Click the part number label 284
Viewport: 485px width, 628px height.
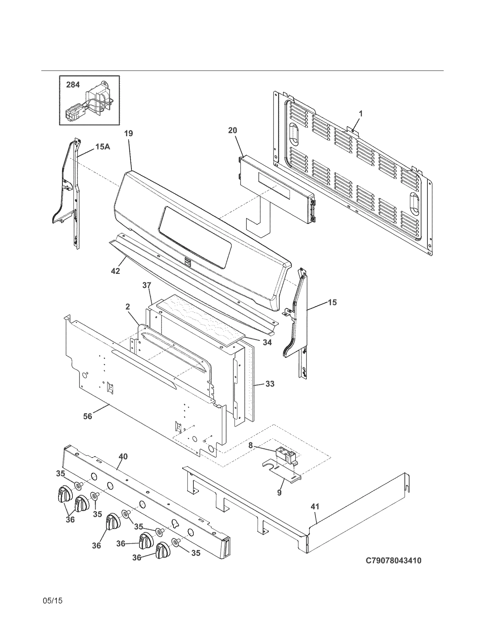(73, 85)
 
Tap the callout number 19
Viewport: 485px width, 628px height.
(129, 133)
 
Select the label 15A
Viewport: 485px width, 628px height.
(103, 147)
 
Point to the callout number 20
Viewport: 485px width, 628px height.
(232, 130)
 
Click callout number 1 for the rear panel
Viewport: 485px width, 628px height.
(361, 114)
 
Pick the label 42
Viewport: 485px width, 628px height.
(115, 271)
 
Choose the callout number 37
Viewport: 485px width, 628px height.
(147, 285)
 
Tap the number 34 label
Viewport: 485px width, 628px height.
(267, 343)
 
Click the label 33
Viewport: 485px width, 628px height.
(270, 384)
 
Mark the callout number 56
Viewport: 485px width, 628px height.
(88, 417)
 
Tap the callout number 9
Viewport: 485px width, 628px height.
(279, 493)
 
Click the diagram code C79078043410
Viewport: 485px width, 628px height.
(393, 561)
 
